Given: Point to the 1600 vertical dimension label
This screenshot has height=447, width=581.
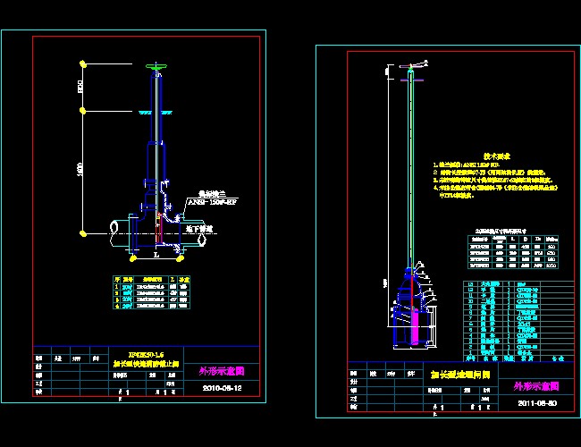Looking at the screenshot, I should pos(80,170).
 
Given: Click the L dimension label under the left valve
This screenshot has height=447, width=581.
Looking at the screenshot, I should pos(156,254).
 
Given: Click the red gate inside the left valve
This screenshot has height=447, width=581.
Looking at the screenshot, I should pos(159,232).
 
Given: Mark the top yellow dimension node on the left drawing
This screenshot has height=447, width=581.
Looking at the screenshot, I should pos(83,63).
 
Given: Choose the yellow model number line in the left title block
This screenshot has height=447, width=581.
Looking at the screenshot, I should pos(147,354).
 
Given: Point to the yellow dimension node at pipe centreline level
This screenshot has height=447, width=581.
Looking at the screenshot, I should pos(83,233).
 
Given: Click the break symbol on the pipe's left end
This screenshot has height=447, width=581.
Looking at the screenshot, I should pos(112,232).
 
